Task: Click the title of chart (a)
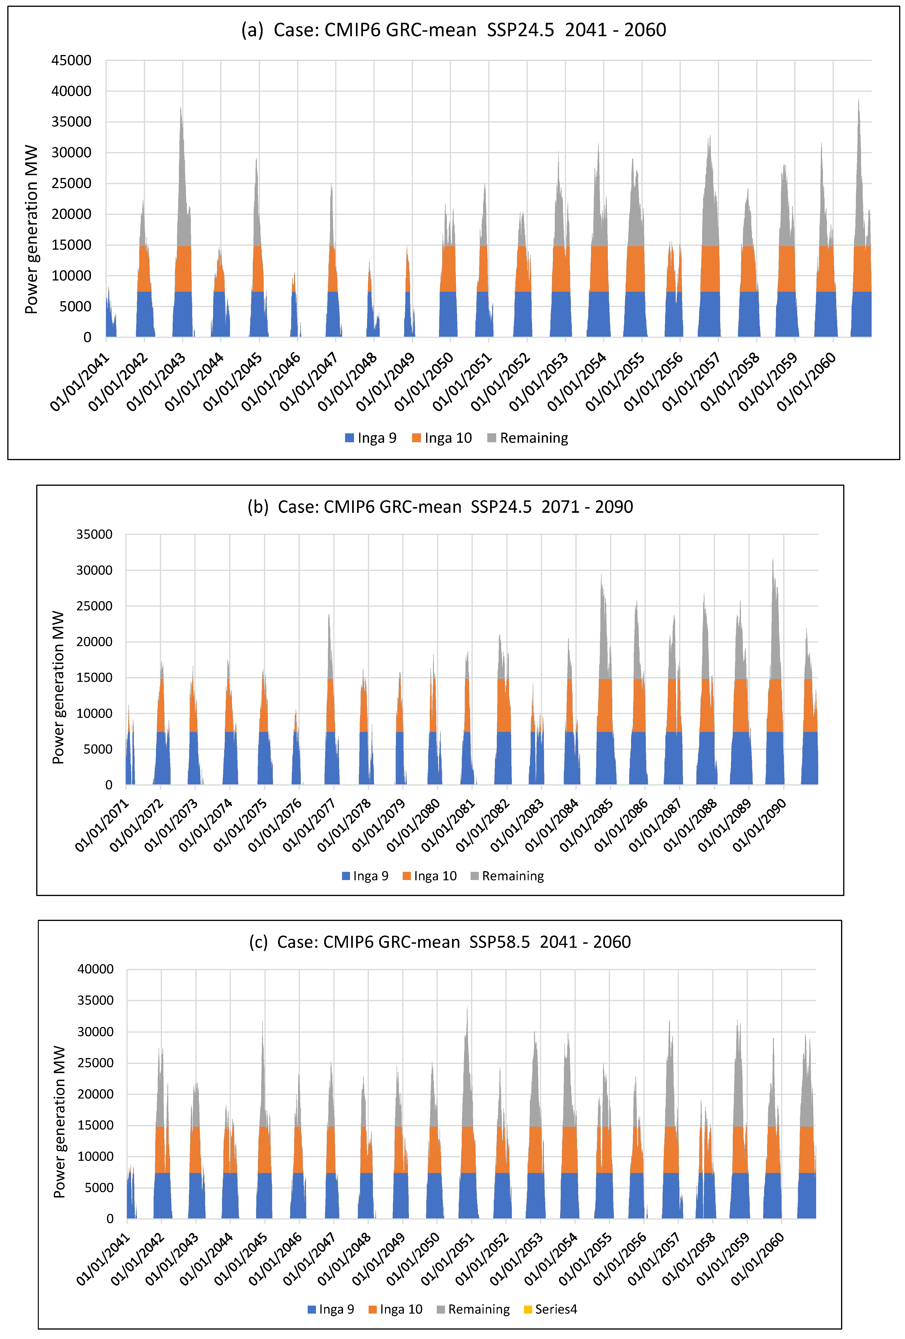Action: pos(453,30)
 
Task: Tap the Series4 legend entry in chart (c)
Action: pos(550,1309)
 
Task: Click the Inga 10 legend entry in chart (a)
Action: pos(442,438)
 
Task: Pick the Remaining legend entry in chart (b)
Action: pos(507,876)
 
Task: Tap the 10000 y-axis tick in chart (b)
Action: pos(94,713)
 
